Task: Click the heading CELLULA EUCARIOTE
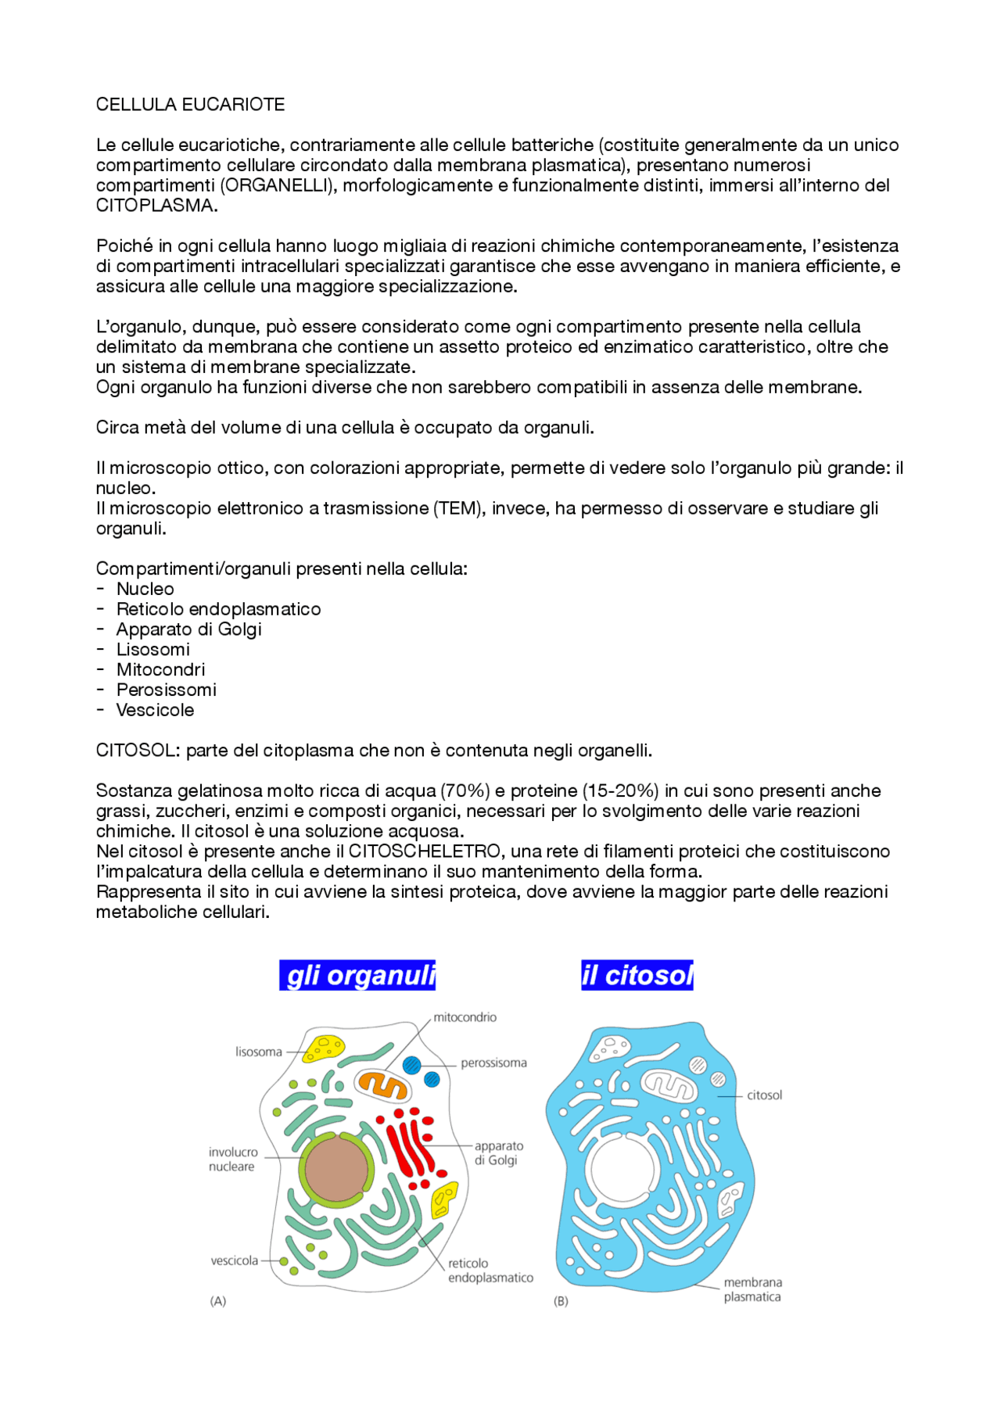click(190, 105)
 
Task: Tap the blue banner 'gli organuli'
click(357, 976)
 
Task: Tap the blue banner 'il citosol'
click(637, 976)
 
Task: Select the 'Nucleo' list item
click(145, 590)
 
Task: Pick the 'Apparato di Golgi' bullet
click(188, 629)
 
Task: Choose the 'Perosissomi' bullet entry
click(166, 690)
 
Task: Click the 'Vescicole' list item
click(155, 711)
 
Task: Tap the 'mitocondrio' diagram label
click(465, 1017)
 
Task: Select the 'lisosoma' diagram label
click(259, 1052)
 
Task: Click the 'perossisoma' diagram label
click(493, 1063)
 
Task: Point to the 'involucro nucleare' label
click(232, 1160)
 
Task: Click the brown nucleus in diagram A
click(336, 1170)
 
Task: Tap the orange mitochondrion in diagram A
click(382, 1084)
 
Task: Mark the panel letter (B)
click(561, 1302)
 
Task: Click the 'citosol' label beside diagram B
click(764, 1095)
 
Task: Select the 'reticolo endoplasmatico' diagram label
click(490, 1271)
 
